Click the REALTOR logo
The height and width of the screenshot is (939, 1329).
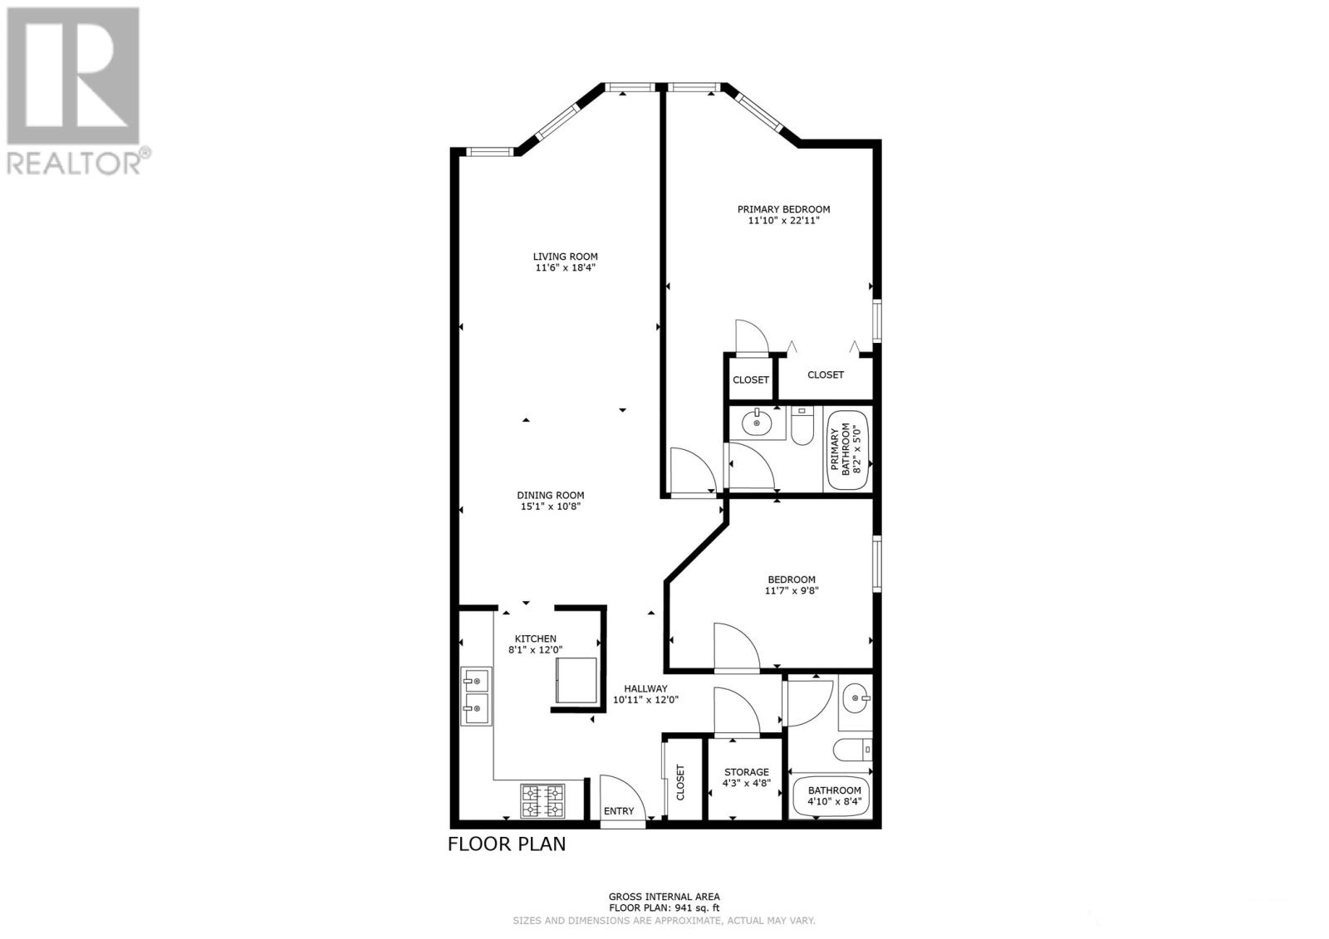(78, 91)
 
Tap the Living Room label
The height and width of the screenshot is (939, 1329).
(565, 257)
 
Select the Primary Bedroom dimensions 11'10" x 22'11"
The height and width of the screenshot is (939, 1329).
(783, 221)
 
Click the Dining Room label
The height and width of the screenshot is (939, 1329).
(550, 496)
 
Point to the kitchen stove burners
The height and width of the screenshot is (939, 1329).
(542, 801)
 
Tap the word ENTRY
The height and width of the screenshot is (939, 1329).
(619, 811)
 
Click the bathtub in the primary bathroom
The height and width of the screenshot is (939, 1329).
(847, 450)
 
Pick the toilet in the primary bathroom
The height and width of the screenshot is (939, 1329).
(802, 427)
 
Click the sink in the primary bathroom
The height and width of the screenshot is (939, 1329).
(757, 423)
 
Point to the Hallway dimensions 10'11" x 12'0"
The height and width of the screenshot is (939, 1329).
(645, 700)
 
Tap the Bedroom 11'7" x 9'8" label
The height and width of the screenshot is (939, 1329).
(792, 584)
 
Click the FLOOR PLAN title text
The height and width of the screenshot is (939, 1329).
(507, 844)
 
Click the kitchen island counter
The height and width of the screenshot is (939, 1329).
(576, 680)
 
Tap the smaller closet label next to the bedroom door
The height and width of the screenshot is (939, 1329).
(751, 379)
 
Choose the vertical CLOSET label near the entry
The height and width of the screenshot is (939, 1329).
(680, 782)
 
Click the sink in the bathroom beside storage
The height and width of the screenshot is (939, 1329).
(855, 698)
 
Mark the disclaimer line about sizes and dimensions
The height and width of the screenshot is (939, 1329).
(664, 921)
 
